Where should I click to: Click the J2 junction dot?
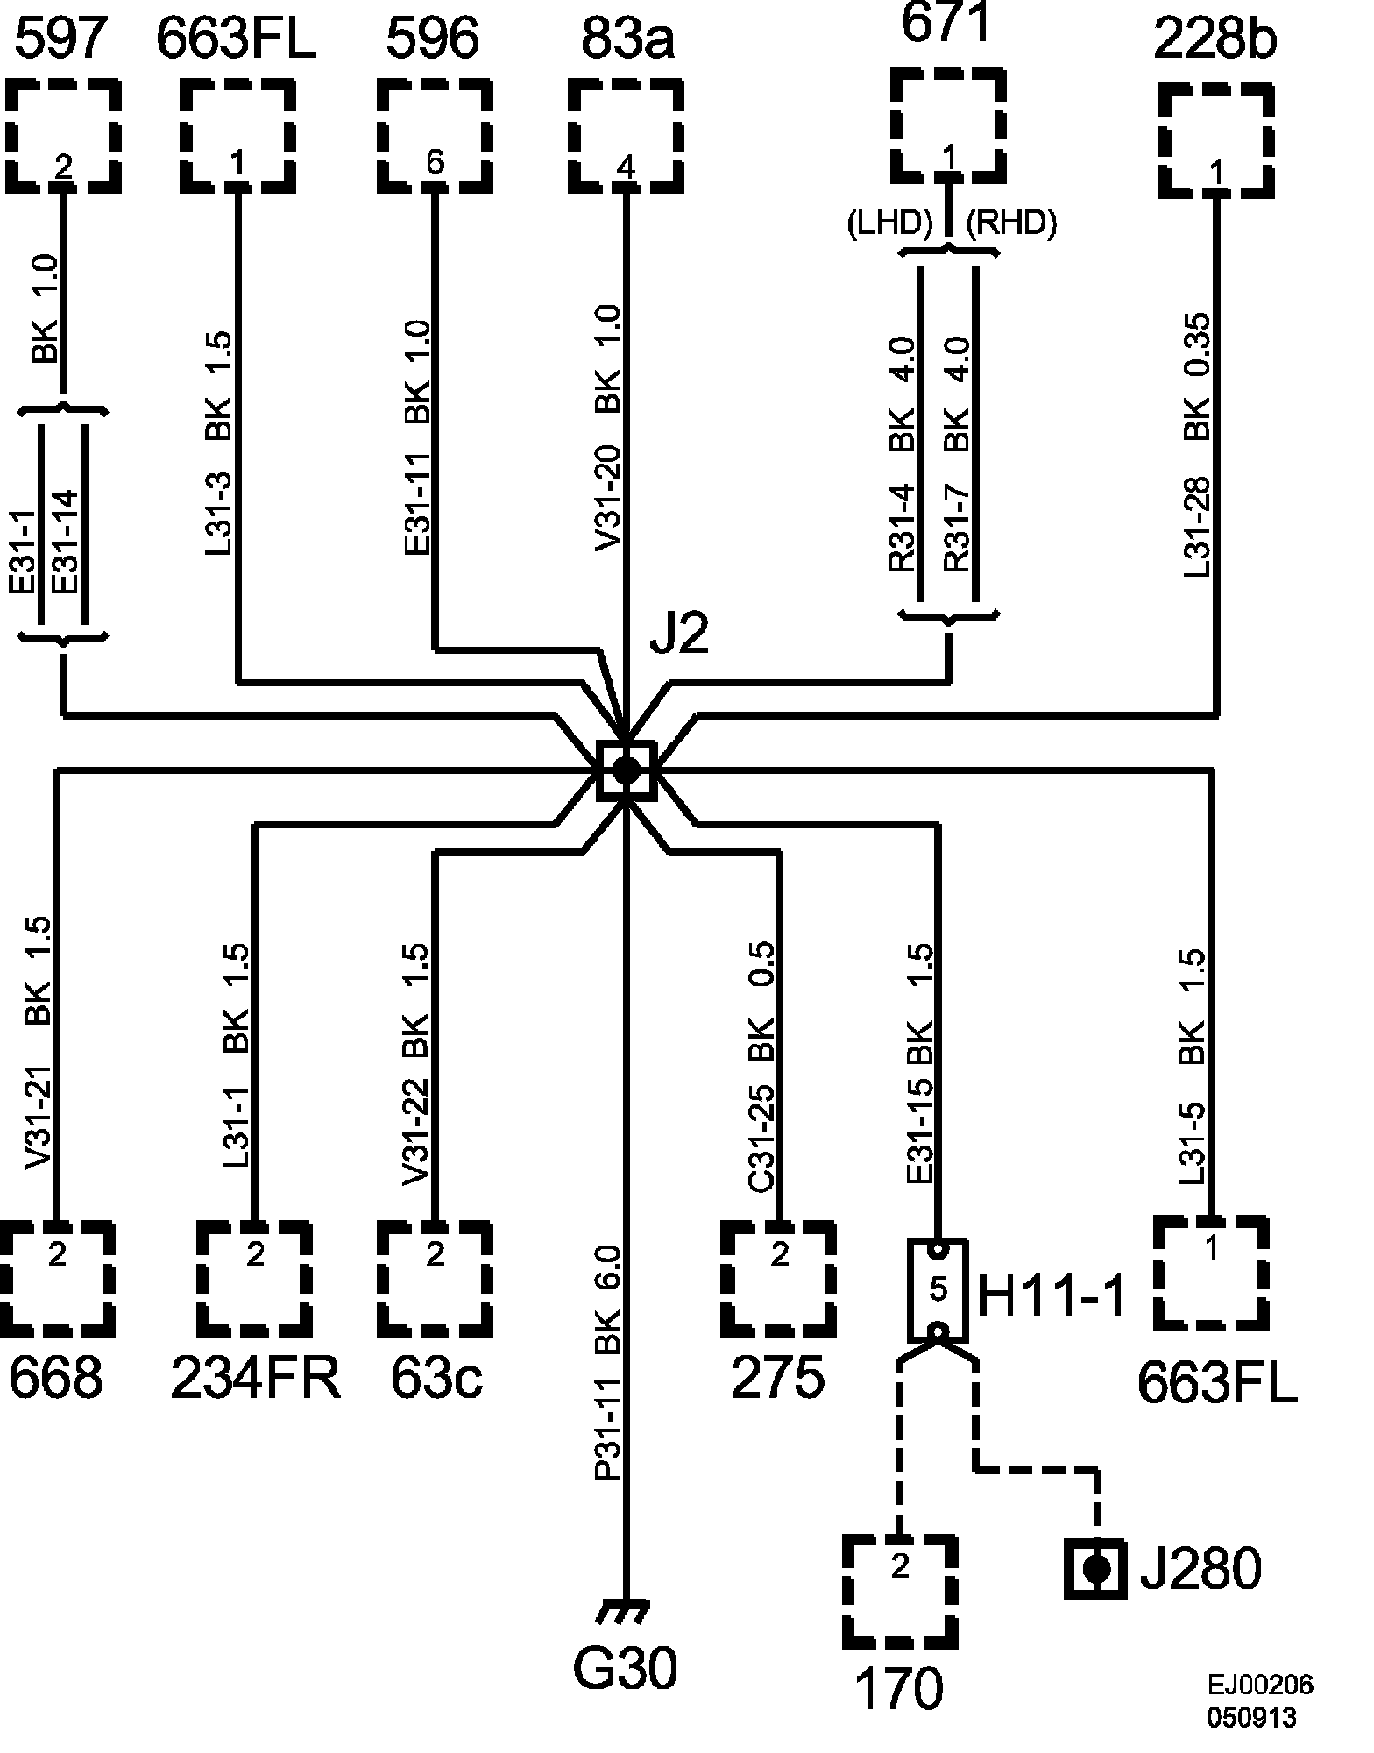(x=626, y=770)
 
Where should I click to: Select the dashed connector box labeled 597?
(x=63, y=136)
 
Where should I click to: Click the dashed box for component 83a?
(x=626, y=136)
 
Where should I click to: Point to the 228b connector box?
(x=1216, y=140)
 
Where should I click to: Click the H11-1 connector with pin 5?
(x=938, y=1289)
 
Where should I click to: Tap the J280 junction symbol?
(x=1095, y=1568)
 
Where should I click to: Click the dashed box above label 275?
(x=779, y=1277)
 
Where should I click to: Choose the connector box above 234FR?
(x=254, y=1277)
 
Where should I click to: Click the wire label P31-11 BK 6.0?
(x=608, y=1364)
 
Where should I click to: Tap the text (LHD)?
(x=889, y=224)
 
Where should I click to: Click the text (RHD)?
(x=1011, y=224)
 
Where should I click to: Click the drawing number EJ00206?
(x=1260, y=1685)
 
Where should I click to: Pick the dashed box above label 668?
(x=57, y=1277)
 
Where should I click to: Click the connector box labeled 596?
(x=435, y=136)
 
